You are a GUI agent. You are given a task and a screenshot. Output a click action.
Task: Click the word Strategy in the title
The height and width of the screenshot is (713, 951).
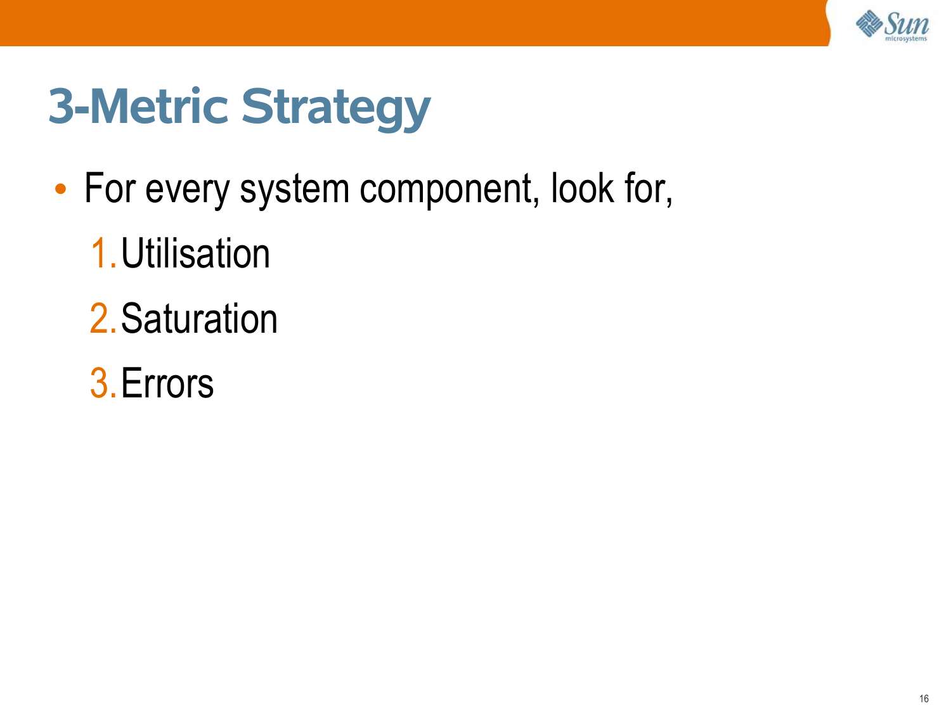tap(336, 109)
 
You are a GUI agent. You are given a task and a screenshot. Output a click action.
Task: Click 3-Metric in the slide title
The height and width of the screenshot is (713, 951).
tap(138, 106)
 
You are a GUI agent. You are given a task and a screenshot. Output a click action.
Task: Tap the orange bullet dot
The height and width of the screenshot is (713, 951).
tap(61, 189)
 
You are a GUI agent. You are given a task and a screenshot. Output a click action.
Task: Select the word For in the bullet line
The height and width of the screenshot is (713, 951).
tap(110, 188)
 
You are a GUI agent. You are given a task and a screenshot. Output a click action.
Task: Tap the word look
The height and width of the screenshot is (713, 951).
tap(582, 188)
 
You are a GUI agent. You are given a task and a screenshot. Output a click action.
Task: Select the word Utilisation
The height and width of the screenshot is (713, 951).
tap(195, 254)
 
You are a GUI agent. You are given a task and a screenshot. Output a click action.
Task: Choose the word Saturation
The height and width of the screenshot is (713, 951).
tap(199, 318)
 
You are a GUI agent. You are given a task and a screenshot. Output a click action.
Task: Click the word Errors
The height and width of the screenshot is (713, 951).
tap(167, 383)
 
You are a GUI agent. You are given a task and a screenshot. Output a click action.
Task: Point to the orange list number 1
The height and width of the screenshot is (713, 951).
tap(103, 254)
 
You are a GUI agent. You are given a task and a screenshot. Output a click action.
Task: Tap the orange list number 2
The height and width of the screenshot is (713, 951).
tap(103, 318)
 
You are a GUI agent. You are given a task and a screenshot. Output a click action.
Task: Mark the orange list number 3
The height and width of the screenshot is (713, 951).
tap(103, 383)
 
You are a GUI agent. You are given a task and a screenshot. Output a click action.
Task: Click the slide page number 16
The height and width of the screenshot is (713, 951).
tap(924, 698)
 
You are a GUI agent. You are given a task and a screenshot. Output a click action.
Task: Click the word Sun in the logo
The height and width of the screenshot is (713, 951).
tap(907, 24)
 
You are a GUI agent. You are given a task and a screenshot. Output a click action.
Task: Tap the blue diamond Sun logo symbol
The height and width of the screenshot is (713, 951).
tap(869, 23)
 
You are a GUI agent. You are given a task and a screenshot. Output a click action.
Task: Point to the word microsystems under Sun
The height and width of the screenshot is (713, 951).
tap(906, 39)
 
